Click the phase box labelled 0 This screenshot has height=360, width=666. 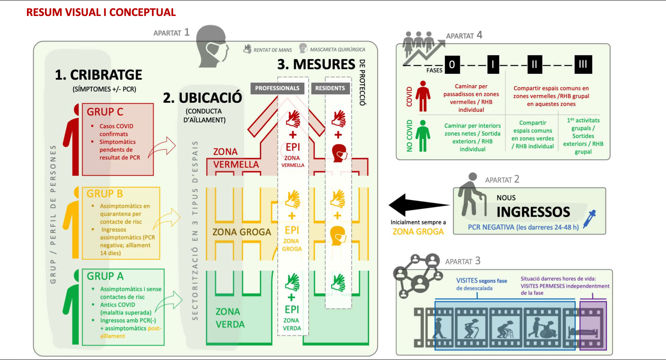[x=452, y=65]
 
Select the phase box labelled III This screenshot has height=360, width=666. [x=583, y=65]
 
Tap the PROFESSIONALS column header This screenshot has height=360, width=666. [x=277, y=88]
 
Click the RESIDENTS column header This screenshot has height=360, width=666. [x=330, y=88]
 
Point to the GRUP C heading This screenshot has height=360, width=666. [x=105, y=112]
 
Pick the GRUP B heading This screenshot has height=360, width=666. [x=105, y=194]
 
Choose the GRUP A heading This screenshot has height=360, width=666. [x=105, y=276]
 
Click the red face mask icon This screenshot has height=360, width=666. [x=339, y=153]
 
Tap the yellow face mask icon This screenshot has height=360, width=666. [x=338, y=236]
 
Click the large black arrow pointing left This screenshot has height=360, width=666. [x=418, y=205]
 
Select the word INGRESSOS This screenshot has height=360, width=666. [x=533, y=212]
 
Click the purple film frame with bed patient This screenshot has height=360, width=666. [x=593, y=326]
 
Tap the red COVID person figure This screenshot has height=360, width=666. [x=423, y=96]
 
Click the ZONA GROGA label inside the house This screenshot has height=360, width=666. [x=242, y=232]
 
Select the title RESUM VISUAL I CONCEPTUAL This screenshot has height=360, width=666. [x=101, y=12]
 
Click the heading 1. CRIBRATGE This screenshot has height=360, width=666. [x=99, y=75]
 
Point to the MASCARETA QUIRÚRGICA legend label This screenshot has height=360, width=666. [x=337, y=50]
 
